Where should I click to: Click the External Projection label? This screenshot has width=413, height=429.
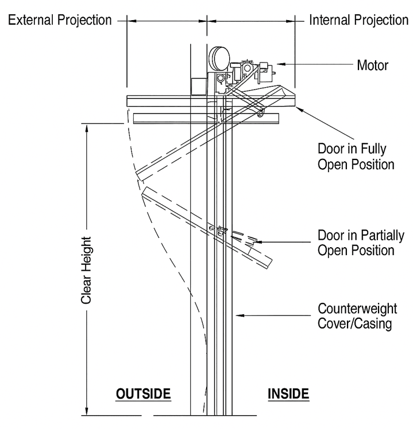pos(60,20)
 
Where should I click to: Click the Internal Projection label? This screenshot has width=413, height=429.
pos(359,20)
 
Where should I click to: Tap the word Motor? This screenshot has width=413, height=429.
pos(373,65)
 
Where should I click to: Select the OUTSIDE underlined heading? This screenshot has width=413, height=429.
pos(144,394)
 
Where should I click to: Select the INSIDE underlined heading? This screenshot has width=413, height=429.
pos(288,394)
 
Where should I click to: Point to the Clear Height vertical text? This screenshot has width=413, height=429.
pos(86,270)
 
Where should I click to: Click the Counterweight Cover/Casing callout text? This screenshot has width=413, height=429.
pos(357,316)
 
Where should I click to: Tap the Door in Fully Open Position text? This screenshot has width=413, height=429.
pos(356,157)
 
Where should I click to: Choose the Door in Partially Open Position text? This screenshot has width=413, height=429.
pos(361,243)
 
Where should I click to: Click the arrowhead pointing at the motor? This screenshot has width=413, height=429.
pos(281,64)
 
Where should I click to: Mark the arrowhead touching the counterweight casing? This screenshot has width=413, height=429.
pos(240,315)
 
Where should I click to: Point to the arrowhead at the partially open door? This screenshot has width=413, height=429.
pos(258,242)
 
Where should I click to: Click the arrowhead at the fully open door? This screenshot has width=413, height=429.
pos(299,109)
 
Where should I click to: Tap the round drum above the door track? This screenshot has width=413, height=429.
pos(219,59)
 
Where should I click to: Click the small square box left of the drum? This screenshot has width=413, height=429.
pos(199,87)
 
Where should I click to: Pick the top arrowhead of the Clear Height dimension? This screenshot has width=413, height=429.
pos(87,128)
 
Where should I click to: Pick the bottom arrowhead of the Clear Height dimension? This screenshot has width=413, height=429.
pos(87,411)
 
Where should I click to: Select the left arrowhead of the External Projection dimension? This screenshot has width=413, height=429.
pos(132,21)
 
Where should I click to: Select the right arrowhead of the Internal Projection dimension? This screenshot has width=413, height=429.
pos(290,21)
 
